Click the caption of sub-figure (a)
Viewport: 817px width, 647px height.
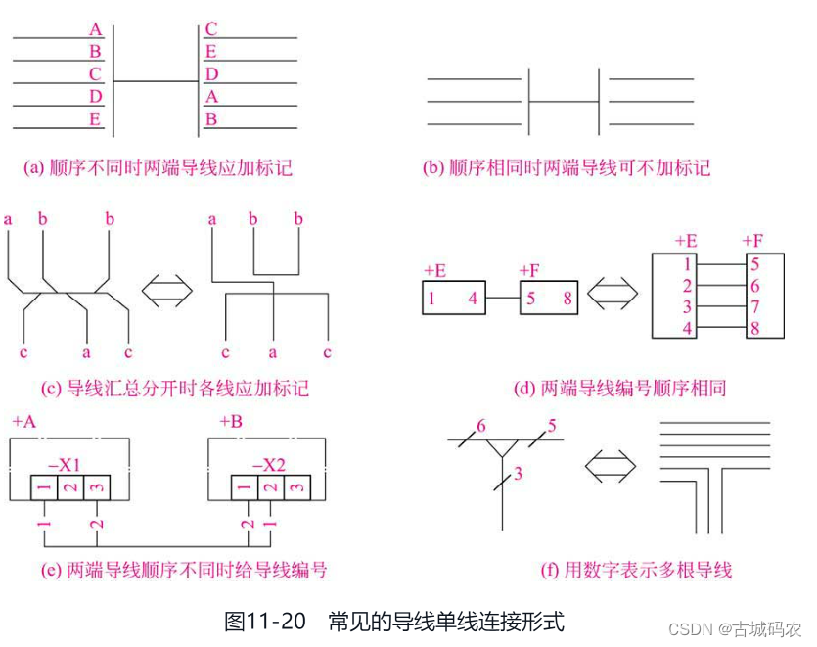click(158, 167)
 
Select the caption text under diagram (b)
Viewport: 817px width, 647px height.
click(567, 167)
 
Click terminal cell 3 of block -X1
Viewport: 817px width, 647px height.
click(97, 486)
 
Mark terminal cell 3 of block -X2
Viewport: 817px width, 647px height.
click(296, 486)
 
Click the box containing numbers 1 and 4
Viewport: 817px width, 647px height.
click(455, 297)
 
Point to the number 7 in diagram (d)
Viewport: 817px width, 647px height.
click(754, 307)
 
